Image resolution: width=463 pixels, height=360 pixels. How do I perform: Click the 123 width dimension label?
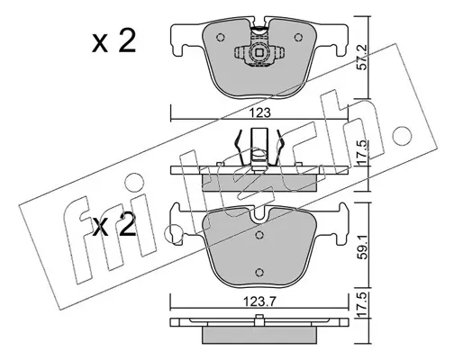click(259, 113)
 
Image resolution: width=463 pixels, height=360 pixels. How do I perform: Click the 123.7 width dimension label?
click(259, 301)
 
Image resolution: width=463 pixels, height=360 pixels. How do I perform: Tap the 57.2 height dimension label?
click(363, 62)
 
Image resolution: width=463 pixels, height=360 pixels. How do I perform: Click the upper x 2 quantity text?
click(113, 41)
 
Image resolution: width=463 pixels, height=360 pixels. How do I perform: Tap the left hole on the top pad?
click(221, 37)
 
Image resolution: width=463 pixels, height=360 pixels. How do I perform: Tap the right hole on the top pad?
click(298, 38)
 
